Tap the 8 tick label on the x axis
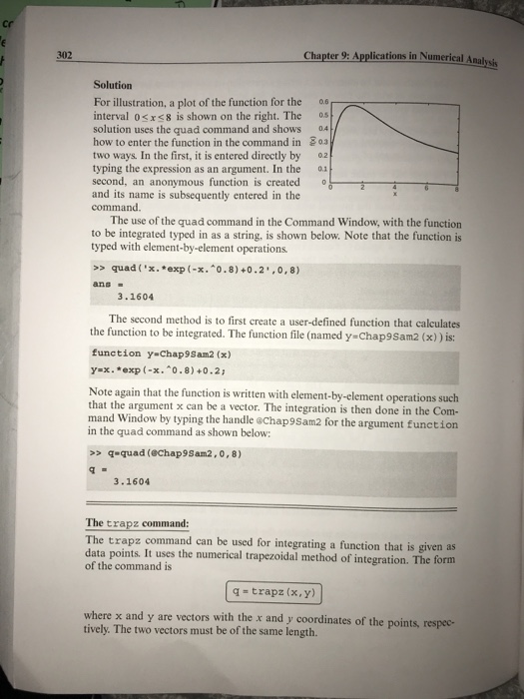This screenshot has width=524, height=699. pos(458,190)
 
